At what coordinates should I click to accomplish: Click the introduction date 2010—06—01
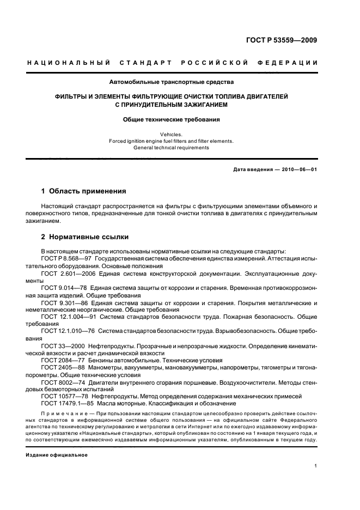click(x=297, y=170)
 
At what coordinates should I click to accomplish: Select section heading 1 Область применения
click(x=84, y=191)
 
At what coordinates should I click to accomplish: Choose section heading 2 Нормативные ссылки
click(x=85, y=238)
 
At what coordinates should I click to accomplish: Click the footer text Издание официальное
click(x=57, y=454)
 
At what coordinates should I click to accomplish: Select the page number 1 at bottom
click(x=316, y=466)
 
